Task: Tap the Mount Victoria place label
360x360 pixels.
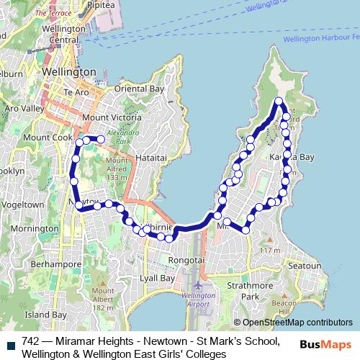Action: coord(109,117)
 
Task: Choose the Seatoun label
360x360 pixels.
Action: coord(303,266)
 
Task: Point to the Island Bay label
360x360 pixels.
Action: coord(46,315)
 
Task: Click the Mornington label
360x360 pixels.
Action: coord(35,230)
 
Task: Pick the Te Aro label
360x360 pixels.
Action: coord(75,92)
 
